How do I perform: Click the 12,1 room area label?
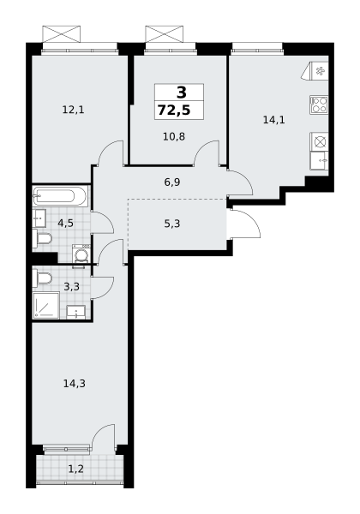point(73,110)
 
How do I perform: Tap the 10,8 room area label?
point(174,136)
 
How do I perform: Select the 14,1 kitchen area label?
point(273,120)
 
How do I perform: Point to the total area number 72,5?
point(174,111)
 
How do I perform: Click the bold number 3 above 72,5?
point(182,93)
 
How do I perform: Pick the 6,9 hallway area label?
point(172,182)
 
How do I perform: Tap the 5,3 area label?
point(172,224)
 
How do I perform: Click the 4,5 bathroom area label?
point(66,224)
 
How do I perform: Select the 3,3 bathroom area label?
point(71,287)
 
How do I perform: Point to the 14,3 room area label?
point(75,383)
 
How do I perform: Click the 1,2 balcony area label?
point(75,469)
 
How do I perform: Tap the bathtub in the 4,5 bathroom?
point(60,197)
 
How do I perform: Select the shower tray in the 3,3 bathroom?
point(46,306)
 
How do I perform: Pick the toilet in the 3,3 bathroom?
point(42,278)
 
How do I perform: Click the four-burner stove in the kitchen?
point(319,105)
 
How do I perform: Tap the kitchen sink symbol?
point(320,160)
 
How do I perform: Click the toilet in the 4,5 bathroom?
point(42,238)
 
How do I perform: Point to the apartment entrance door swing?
point(245,224)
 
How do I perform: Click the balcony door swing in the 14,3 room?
point(103,436)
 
